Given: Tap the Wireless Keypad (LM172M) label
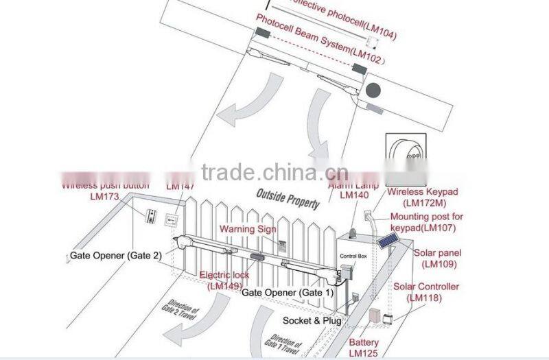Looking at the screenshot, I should (x=422, y=197).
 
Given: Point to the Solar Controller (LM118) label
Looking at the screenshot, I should (x=426, y=292).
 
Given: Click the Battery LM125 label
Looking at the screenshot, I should (x=364, y=347).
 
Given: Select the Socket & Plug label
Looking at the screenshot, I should (x=312, y=321).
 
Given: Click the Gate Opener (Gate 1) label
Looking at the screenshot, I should (x=288, y=293).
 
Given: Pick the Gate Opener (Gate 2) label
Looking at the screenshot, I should (x=116, y=256).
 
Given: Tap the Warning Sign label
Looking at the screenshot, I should (x=247, y=228).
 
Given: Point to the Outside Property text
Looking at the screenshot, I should (x=288, y=199).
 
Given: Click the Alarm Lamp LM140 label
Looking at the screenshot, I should (x=355, y=190).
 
